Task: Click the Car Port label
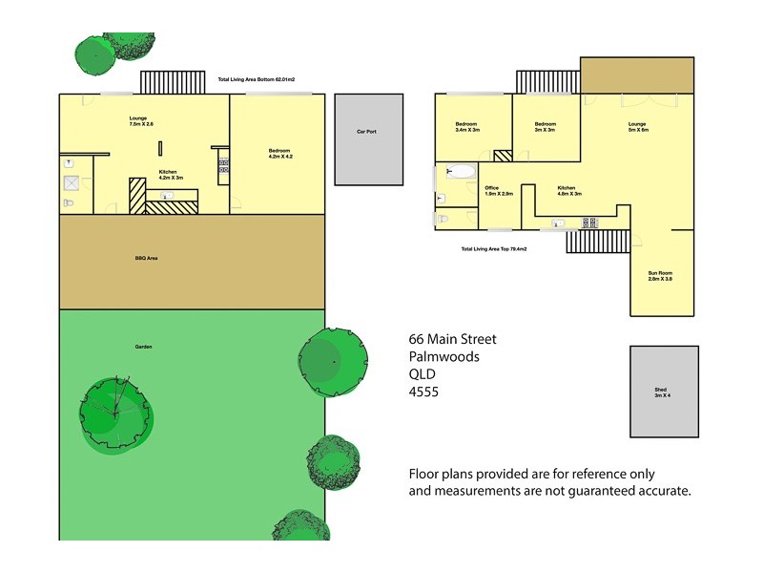[366, 132]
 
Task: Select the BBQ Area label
[146, 258]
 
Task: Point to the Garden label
[144, 347]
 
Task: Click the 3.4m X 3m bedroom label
[466, 126]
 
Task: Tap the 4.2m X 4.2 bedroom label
[279, 154]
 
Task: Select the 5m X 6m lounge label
[637, 126]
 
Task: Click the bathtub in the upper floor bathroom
[461, 173]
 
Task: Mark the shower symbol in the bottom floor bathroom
[71, 182]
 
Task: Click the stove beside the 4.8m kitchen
[590, 223]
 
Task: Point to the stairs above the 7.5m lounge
[173, 81]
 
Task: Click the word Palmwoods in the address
[443, 356]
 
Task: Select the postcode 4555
[423, 392]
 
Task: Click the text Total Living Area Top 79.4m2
[494, 248]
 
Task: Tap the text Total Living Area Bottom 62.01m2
[258, 80]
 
